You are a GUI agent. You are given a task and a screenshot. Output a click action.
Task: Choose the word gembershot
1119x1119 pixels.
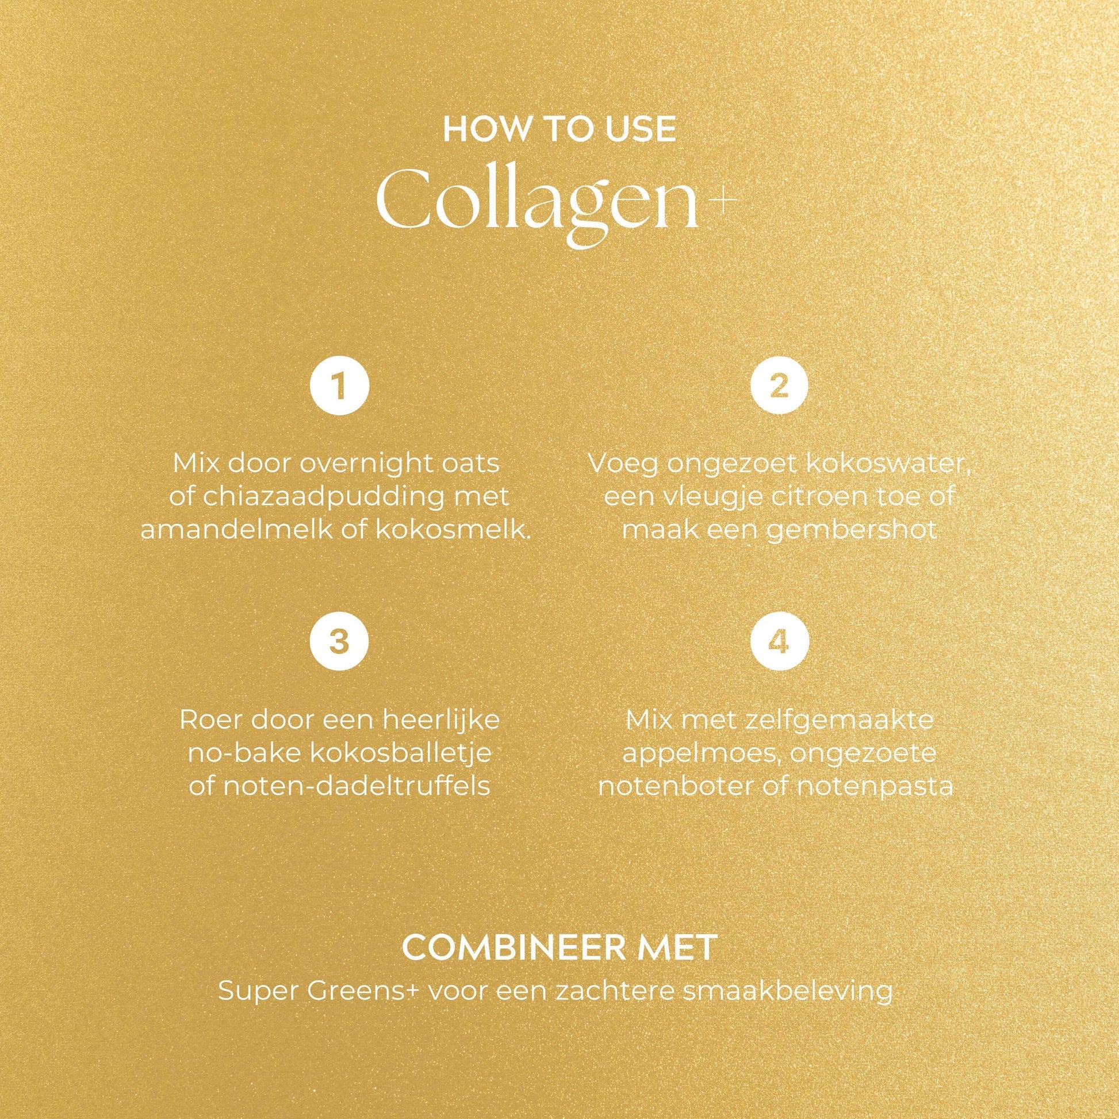point(852,531)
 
